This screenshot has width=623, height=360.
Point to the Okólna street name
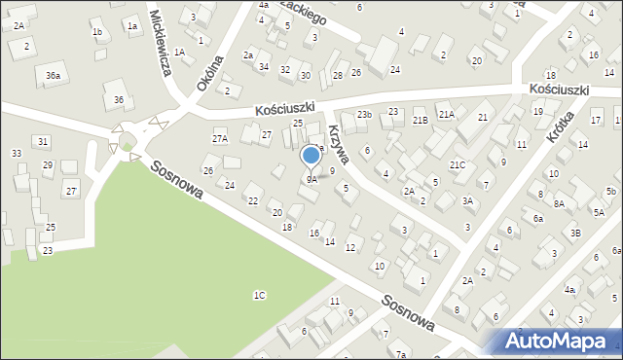(209, 73)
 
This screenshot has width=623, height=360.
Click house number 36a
(53, 75)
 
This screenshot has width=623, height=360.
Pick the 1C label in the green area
(259, 295)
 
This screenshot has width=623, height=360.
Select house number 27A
(220, 139)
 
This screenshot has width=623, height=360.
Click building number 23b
(364, 115)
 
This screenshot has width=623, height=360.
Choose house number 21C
(458, 165)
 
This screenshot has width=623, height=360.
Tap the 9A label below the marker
(311, 179)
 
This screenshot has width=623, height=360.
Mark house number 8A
(559, 203)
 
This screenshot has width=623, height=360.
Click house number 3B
(575, 234)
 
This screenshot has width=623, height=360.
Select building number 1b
(96, 32)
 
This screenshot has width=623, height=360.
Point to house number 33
(17, 154)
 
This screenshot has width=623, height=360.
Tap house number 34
(264, 66)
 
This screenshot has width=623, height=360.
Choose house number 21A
(446, 115)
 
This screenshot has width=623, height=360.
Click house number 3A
(467, 201)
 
